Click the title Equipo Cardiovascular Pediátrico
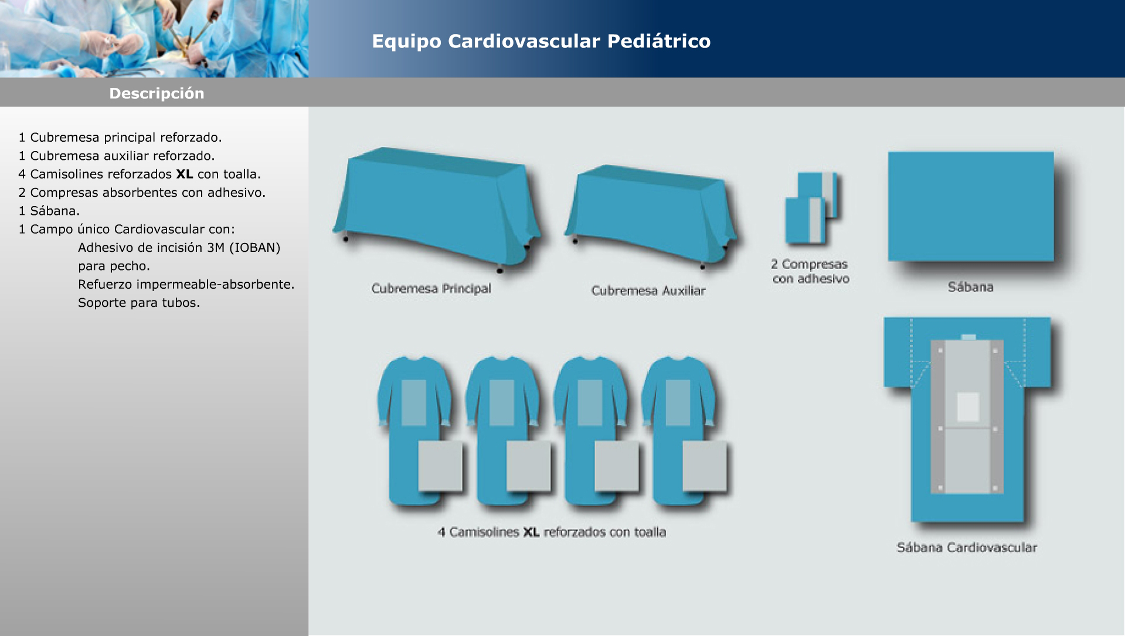point(541,42)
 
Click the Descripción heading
point(157,94)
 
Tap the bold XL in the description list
point(185,174)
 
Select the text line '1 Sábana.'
point(49,211)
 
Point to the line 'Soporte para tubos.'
point(139,303)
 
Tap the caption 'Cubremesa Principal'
point(431,289)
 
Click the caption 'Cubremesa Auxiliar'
point(648,290)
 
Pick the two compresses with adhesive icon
point(811,208)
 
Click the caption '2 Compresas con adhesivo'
point(811,272)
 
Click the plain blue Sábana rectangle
point(971,206)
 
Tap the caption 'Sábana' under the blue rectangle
point(971,287)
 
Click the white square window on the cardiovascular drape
point(968,407)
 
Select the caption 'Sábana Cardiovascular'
point(967,548)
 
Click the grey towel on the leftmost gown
point(440,466)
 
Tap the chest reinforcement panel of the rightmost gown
point(678,403)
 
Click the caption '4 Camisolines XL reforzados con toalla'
point(552,532)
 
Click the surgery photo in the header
point(154,39)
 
